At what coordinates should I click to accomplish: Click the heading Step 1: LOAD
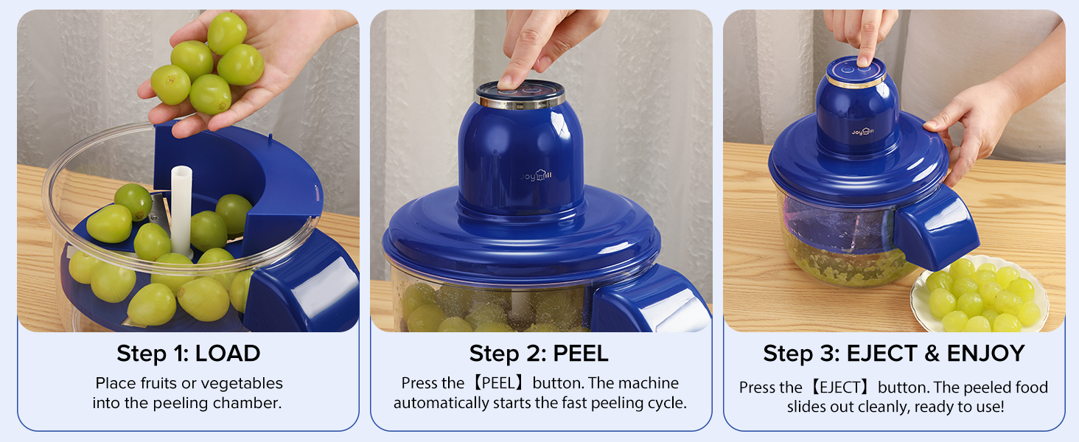tap(188, 354)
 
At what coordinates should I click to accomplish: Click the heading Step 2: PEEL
tap(539, 354)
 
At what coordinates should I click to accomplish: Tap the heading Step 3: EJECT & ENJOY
tap(893, 354)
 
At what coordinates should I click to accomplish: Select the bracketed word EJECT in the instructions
tap(839, 388)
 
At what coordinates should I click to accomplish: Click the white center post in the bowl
tap(181, 210)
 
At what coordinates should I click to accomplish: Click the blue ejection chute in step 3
tap(936, 228)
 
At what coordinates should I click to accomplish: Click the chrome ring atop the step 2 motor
tap(520, 98)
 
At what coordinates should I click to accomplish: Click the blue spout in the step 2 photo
tap(649, 306)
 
